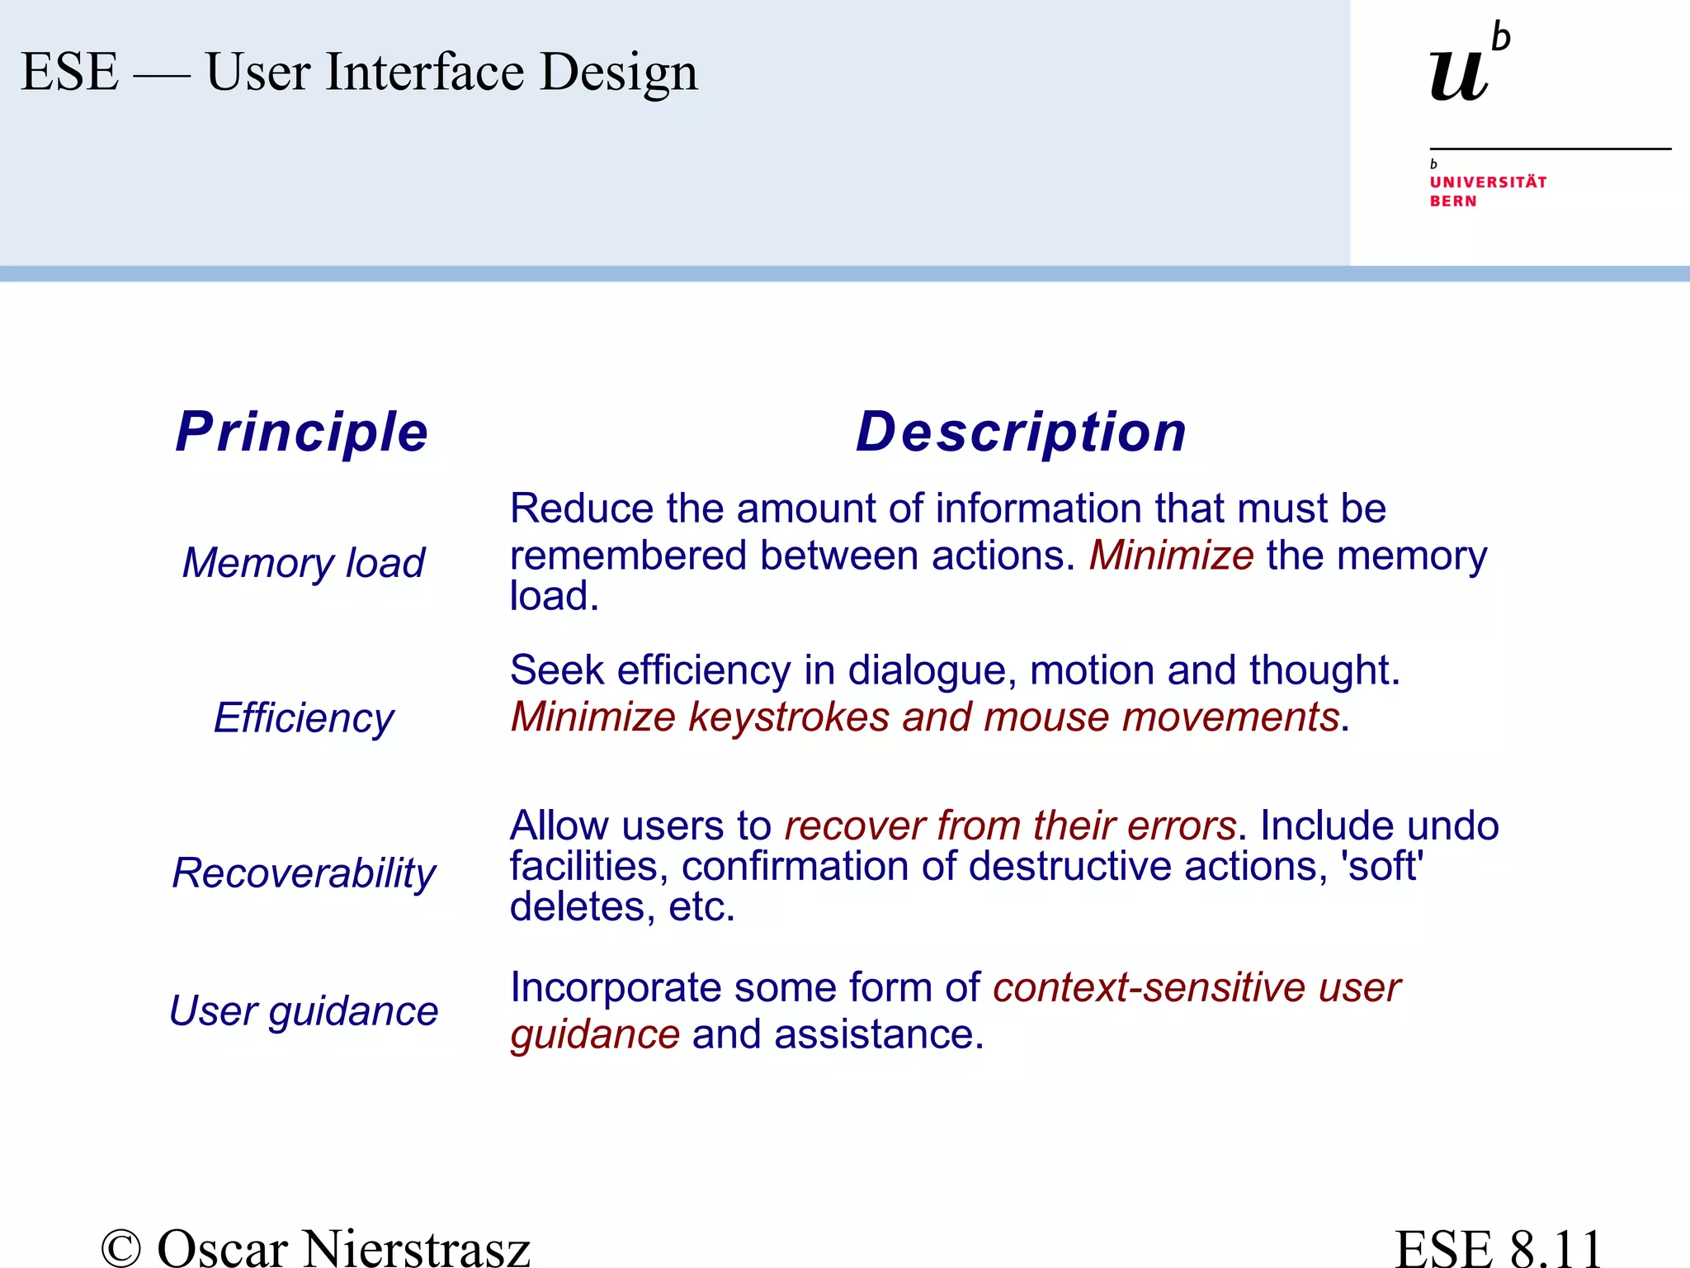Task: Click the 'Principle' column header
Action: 302,432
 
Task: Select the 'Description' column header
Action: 1021,432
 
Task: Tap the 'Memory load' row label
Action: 303,563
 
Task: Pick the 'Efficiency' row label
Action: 303,717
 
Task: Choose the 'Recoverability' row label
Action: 303,873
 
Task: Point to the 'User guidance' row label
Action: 303,1010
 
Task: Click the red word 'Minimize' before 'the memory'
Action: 1171,555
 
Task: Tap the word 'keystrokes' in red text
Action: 788,717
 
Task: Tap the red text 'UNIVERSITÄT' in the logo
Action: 1488,182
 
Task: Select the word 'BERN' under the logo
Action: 1453,201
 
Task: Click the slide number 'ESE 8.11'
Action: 1498,1247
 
